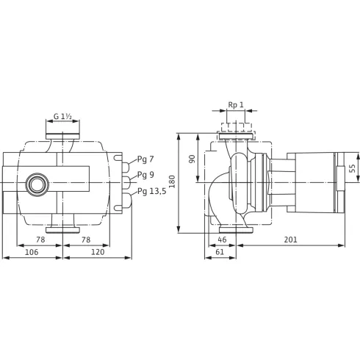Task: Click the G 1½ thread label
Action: (62, 116)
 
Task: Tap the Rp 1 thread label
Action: (236, 105)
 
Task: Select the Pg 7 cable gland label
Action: (145, 159)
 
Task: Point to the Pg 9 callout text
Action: (145, 175)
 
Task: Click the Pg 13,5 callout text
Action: (151, 191)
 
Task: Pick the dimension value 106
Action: (32, 252)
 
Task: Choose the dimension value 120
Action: (98, 252)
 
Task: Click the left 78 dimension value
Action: (40, 240)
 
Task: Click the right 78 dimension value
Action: (86, 240)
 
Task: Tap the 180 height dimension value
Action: (173, 181)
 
